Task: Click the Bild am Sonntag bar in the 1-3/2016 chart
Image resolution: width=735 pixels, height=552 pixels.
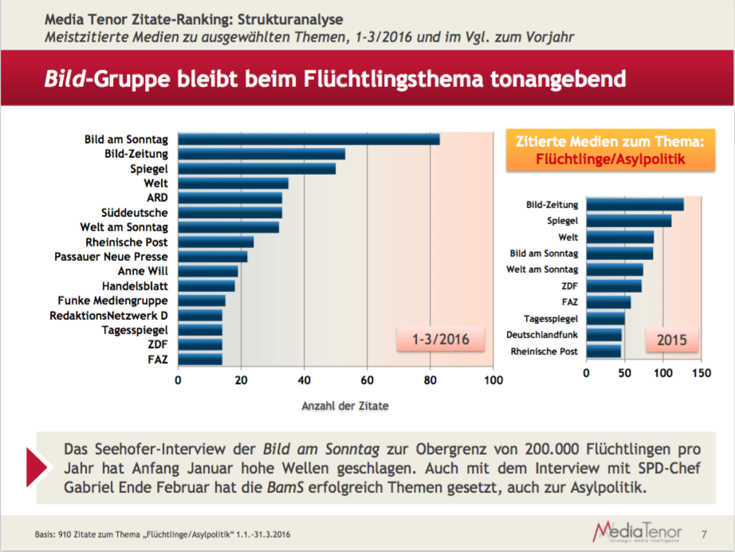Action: point(309,140)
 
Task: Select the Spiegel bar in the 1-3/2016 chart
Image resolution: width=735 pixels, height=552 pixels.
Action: point(256,168)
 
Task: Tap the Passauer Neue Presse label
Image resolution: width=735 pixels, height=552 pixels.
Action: point(111,256)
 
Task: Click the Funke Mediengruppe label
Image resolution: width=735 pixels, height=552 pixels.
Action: point(112,301)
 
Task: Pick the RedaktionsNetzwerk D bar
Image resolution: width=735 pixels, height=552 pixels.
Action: point(199,315)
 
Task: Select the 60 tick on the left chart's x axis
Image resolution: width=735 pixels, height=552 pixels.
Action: point(367,380)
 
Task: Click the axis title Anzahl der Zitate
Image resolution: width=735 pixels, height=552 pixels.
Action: point(345,406)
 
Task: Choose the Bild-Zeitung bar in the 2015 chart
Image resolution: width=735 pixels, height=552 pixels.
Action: point(635,205)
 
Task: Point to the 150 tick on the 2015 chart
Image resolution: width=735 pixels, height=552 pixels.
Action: point(701,373)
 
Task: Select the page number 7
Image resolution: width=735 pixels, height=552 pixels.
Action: point(702,532)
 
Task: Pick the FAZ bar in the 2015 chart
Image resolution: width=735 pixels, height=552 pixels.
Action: point(608,302)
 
